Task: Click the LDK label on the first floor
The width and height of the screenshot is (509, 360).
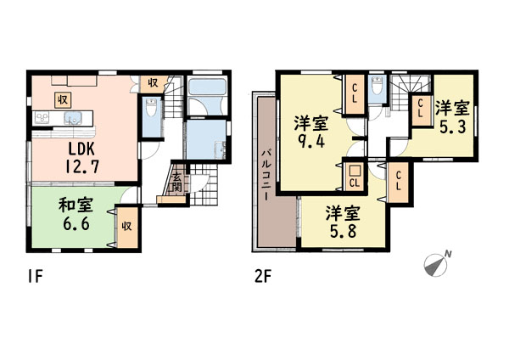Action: coord(81,149)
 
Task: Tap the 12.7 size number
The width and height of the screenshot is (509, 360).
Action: coord(81,167)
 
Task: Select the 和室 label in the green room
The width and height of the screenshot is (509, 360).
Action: coord(76,205)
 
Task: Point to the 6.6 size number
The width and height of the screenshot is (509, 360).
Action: coord(76,224)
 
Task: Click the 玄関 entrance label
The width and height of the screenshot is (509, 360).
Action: coord(177,183)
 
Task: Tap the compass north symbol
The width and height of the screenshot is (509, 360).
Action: coord(437,264)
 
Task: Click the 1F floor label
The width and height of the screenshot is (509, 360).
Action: coord(35,277)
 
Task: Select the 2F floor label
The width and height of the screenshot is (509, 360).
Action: coord(263,277)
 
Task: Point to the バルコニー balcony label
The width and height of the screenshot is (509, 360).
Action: coord(266,174)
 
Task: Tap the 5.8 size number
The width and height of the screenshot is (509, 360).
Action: coord(343,231)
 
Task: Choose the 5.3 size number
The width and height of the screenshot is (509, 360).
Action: coord(452,127)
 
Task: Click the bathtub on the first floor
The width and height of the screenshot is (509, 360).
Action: coord(207,87)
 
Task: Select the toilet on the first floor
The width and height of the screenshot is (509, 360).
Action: coord(151,108)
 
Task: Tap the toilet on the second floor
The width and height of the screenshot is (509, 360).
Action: coord(377,85)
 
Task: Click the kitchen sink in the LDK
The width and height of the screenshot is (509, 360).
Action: coord(72,118)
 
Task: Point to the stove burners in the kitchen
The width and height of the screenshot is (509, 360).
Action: coord(42,118)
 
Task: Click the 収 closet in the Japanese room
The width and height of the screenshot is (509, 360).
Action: coord(127,227)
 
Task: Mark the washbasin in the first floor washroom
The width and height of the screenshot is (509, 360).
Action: coord(221,150)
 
